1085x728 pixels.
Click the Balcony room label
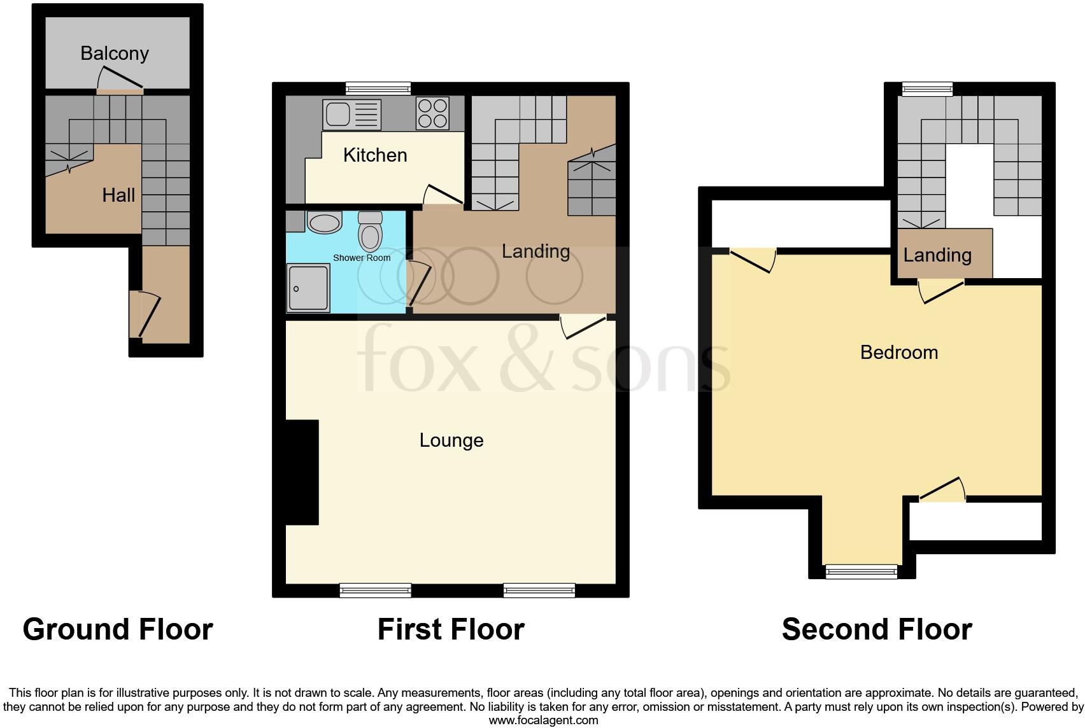click(115, 53)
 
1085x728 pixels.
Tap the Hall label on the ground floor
click(118, 195)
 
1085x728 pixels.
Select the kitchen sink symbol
click(351, 114)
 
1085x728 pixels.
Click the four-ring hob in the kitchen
click(432, 113)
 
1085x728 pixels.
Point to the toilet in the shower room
click(370, 232)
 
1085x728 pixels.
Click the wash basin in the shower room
click(324, 223)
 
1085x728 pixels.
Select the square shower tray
click(309, 288)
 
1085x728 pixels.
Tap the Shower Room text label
click(362, 258)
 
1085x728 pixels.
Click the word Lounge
click(451, 440)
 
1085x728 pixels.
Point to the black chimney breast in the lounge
click(302, 472)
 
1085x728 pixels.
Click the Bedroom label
click(898, 353)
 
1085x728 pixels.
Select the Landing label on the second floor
click(937, 255)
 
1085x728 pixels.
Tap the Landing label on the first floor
click(535, 251)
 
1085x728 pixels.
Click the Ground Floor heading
click(118, 629)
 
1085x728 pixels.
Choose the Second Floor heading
click(876, 629)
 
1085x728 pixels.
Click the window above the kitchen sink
click(378, 88)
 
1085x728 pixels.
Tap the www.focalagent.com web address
click(543, 720)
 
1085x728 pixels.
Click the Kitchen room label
click(375, 155)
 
